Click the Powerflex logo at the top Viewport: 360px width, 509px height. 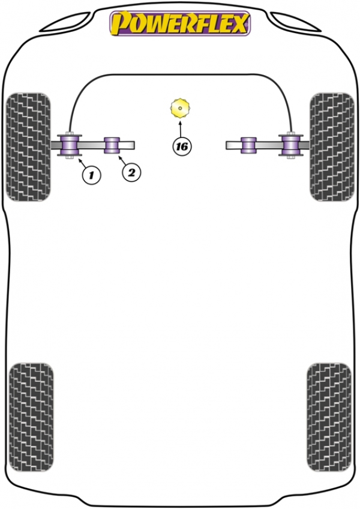(180, 23)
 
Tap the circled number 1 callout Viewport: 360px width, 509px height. (91, 175)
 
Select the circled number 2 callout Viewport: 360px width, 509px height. (131, 172)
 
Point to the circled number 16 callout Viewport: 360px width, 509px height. (182, 146)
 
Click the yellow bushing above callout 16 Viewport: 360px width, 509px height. (180, 108)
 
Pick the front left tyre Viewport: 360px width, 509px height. (29, 146)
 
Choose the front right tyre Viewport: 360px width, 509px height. (332, 146)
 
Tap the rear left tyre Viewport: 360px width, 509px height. (31, 417)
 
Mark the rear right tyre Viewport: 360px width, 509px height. (329, 417)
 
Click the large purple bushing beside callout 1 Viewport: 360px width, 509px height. (70, 145)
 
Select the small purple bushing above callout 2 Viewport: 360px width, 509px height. (112, 145)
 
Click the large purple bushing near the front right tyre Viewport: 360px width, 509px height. (290, 145)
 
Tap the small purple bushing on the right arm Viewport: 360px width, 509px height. (248, 145)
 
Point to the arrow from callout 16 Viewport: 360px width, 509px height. (181, 128)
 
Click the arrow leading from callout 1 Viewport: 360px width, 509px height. (82, 161)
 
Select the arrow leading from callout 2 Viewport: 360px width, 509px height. (122, 160)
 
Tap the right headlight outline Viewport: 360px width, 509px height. (295, 22)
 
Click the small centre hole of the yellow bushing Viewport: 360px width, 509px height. (180, 108)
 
